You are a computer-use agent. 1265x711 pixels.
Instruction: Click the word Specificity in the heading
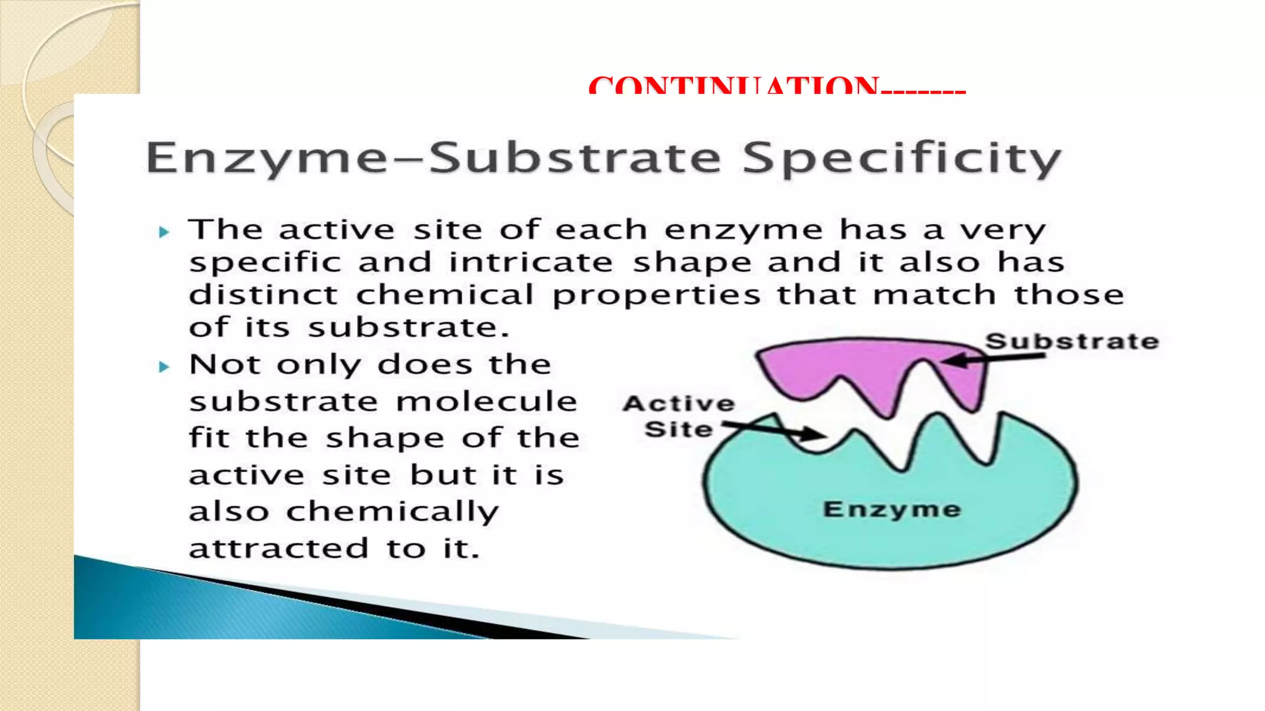tap(901, 158)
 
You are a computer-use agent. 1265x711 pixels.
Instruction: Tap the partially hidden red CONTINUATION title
tap(776, 85)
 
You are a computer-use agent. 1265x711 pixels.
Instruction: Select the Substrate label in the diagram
tap(1072, 341)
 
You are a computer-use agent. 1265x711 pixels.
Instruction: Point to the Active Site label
tap(679, 416)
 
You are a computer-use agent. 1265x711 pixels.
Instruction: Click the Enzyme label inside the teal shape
tap(892, 509)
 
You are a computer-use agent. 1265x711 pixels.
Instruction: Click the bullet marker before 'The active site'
tap(164, 232)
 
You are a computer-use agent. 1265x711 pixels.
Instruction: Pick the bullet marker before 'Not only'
tap(164, 367)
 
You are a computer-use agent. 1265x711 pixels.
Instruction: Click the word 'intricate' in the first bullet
tap(531, 262)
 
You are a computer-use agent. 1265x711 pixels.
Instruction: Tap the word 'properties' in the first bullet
tap(657, 295)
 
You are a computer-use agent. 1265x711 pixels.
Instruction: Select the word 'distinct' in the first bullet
tap(264, 294)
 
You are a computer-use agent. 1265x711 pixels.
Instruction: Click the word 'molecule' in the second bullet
tap(487, 402)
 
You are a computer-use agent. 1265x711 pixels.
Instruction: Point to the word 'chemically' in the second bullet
tap(392, 512)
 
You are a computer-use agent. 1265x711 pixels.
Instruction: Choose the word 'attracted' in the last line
tap(279, 549)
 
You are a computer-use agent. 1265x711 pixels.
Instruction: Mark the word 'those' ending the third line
tap(1069, 294)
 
